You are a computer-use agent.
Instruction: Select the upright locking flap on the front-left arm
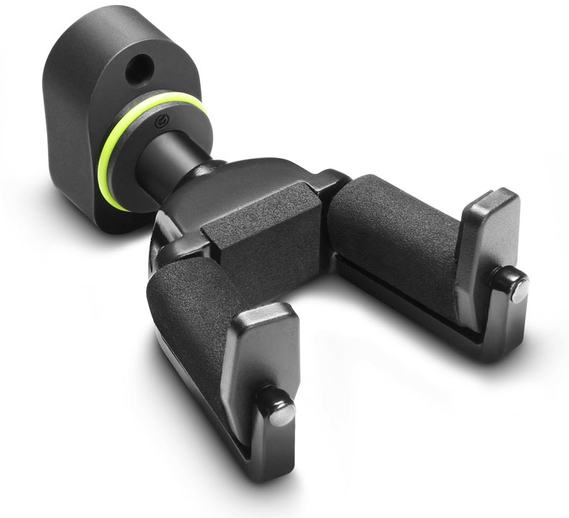point(261,355)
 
